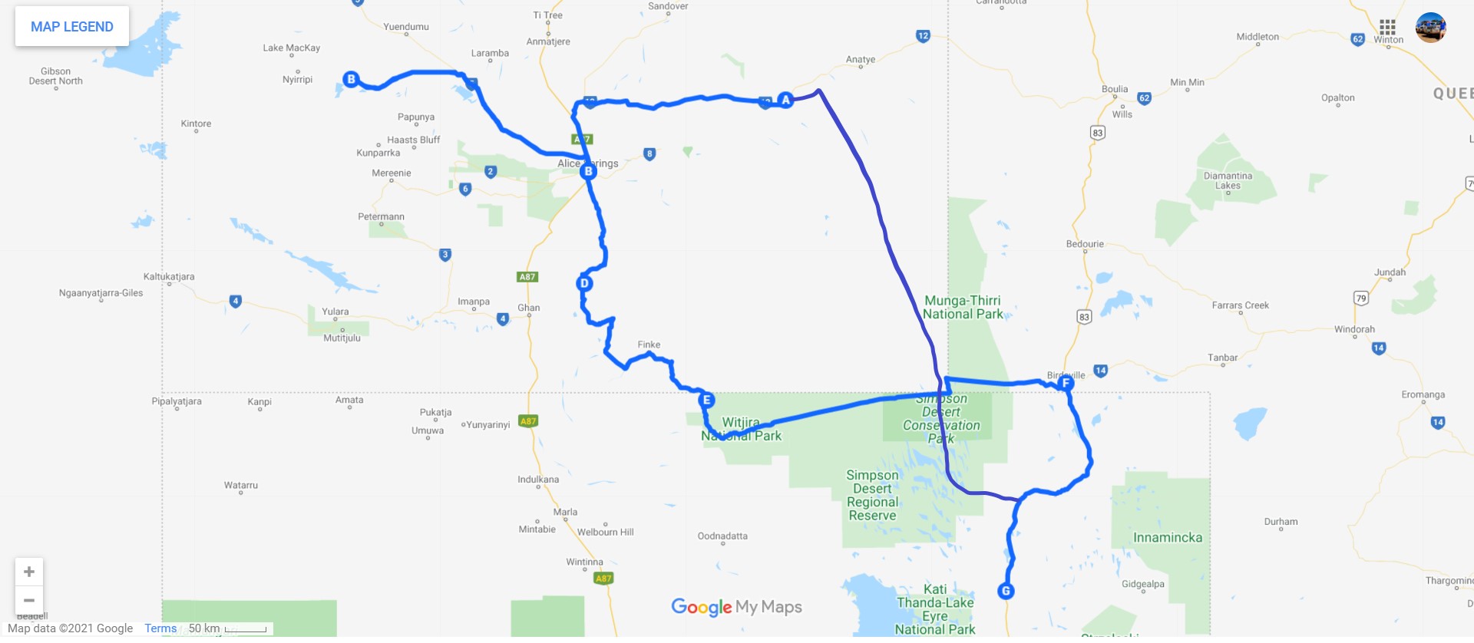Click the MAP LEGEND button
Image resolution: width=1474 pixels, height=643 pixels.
click(72, 27)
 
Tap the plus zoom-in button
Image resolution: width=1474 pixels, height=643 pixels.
click(29, 572)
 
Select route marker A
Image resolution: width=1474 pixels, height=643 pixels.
click(785, 100)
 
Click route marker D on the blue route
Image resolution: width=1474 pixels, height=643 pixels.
click(584, 283)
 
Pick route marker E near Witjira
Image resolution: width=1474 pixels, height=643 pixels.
click(707, 400)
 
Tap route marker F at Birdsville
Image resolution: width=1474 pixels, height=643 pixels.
click(1065, 383)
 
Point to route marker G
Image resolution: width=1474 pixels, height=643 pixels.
click(1006, 591)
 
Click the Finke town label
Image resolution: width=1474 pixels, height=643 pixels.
click(649, 345)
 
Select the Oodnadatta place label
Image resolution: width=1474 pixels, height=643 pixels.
click(722, 536)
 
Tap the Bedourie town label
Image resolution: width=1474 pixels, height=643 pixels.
click(1085, 244)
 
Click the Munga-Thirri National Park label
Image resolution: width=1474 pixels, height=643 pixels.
click(963, 307)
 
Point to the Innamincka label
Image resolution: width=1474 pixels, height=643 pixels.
click(1168, 537)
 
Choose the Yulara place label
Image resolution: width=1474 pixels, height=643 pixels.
click(335, 312)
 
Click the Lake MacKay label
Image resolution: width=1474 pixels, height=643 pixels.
click(292, 48)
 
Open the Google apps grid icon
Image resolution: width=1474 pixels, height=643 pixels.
click(1387, 27)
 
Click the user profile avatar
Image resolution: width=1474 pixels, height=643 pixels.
click(1431, 28)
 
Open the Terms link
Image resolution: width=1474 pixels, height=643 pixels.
click(160, 628)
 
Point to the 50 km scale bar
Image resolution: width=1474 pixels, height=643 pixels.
click(245, 629)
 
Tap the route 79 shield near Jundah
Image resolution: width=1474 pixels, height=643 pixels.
click(1361, 298)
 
